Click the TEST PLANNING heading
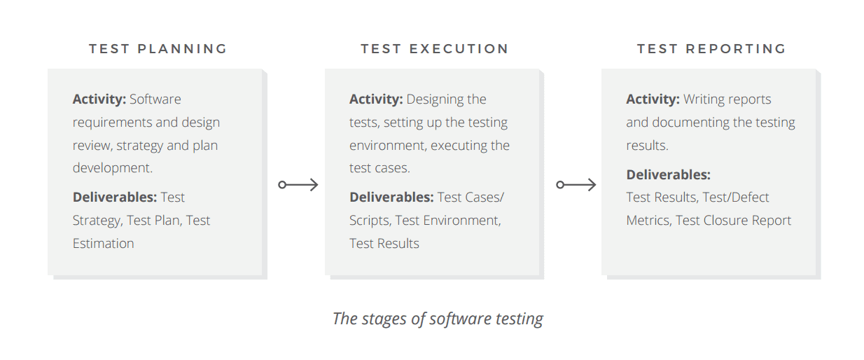point(158,49)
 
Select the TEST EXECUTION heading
point(435,49)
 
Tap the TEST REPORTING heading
point(711,49)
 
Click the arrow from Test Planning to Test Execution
point(298,185)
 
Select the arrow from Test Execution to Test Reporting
point(576,185)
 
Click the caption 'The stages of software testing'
point(438,319)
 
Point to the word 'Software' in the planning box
point(155,99)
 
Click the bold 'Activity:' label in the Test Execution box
point(376,99)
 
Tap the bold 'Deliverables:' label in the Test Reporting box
point(669,175)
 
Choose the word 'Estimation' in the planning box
point(104,244)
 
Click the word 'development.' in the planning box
point(113,168)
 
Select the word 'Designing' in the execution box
point(435,99)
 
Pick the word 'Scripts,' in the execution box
point(370,221)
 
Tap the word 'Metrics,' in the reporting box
point(649,221)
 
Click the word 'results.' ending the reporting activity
point(647,146)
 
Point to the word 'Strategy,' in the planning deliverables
point(97,221)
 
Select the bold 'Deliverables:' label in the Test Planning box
point(115,198)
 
